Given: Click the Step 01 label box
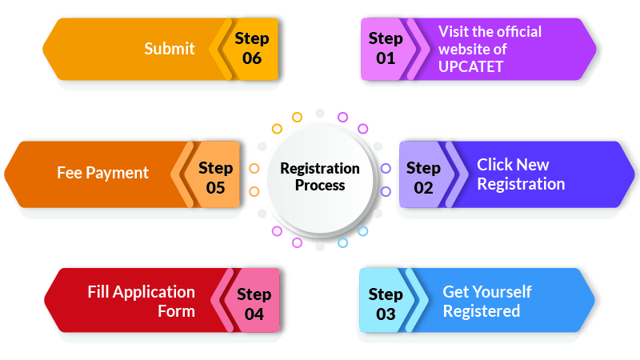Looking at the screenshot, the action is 386,49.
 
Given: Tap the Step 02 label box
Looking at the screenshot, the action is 424,174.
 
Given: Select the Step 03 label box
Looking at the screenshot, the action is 386,301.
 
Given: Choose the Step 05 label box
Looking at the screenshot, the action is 215,174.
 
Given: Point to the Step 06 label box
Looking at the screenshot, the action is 252,49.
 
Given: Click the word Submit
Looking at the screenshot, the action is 170,49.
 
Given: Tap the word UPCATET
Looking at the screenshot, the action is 470,66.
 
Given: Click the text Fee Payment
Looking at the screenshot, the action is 103,173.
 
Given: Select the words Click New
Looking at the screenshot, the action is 513,165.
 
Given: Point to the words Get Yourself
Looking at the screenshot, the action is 487,292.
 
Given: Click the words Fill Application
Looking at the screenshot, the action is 142,293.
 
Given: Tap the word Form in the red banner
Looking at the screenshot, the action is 176,311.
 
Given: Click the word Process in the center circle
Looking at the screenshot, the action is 320,186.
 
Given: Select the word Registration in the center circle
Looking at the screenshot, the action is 320,169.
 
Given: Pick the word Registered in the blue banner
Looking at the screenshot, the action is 482,312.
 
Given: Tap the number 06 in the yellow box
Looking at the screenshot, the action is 252,58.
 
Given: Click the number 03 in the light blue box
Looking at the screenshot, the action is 386,314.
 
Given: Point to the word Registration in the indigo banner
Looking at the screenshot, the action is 522,185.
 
